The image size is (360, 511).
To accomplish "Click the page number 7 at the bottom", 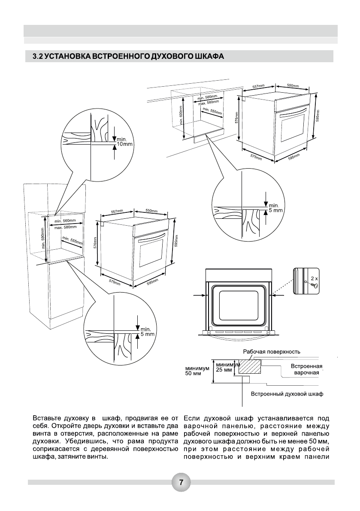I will click(181, 482).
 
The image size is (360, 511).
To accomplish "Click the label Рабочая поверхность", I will click(271, 351).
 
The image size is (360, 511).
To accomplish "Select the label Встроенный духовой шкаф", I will click(287, 393).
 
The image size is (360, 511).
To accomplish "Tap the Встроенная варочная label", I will click(306, 369).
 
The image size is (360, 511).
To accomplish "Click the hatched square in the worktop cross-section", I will click(249, 367).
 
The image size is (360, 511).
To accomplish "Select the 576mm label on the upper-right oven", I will click(236, 117).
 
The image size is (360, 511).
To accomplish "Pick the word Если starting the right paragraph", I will click(192, 417).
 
